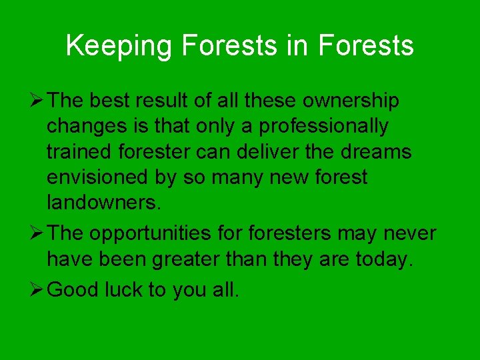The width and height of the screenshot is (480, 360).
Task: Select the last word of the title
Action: coord(366,46)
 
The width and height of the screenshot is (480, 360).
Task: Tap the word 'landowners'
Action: coord(102,202)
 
